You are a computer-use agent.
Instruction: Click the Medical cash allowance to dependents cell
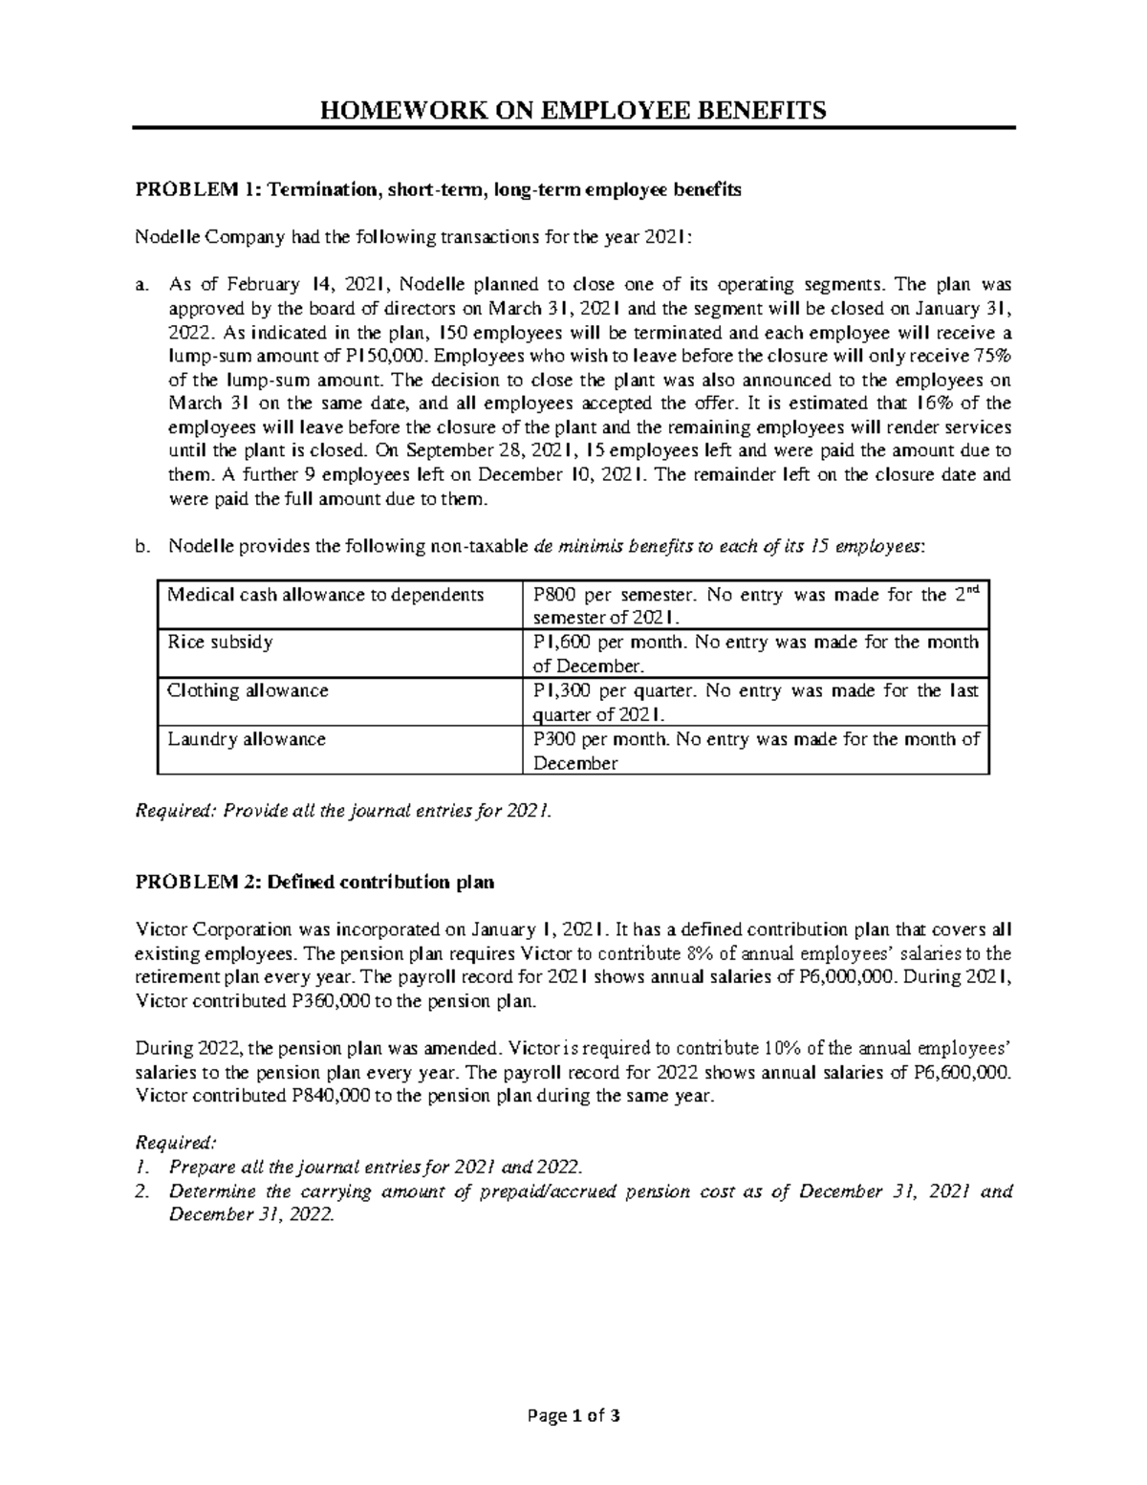[x=326, y=595]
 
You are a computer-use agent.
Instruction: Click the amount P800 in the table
[x=553, y=595]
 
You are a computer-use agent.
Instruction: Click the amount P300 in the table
[x=553, y=738]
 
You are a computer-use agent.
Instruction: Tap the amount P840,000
[x=327, y=1096]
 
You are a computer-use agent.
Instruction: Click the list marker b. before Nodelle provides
[x=143, y=547]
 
